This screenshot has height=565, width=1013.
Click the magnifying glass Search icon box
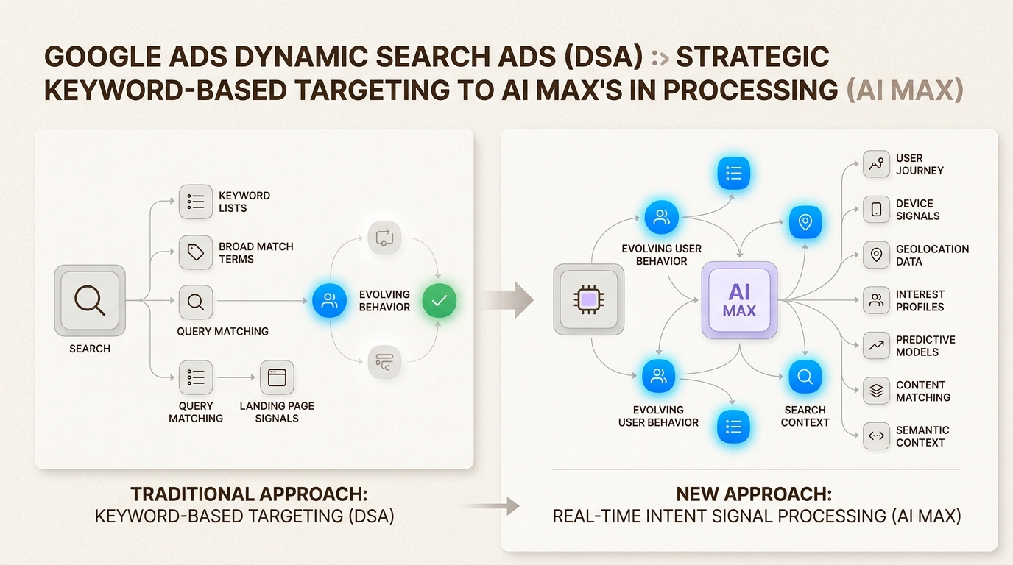point(90,301)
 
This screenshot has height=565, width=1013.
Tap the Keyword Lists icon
point(196,202)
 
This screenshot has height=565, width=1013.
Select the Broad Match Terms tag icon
point(196,252)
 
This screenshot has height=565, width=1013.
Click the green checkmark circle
point(440,301)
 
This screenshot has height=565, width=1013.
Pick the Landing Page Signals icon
point(277,377)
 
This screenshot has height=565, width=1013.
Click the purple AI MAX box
point(739,300)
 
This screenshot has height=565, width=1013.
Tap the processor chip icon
point(588,300)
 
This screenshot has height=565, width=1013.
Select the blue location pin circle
point(805,222)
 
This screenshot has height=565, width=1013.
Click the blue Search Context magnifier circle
point(805,377)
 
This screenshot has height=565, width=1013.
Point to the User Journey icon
point(876,164)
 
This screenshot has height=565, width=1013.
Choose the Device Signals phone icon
point(876,210)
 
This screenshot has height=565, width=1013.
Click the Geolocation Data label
point(932,255)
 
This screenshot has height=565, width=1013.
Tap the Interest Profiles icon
point(876,300)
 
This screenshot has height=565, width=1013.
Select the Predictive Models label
point(925,346)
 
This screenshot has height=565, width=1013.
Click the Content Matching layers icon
point(876,391)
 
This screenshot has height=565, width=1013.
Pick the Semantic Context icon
point(876,436)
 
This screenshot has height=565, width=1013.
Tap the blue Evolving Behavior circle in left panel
point(329,300)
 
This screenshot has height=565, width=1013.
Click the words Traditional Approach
point(248,494)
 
